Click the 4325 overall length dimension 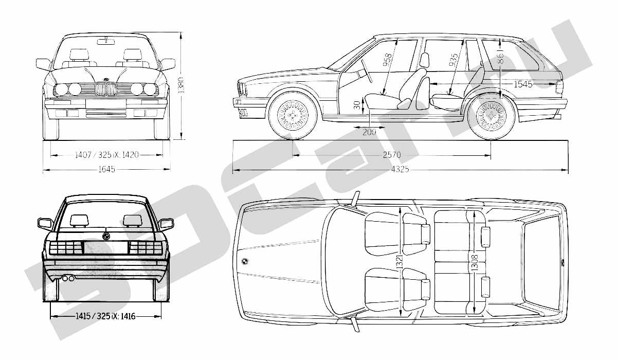[x=400, y=169]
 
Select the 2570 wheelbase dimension [x=392, y=155]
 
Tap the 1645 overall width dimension [x=106, y=169]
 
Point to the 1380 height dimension [x=181, y=85]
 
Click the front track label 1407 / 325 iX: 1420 [x=106, y=155]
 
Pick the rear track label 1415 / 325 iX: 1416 [x=105, y=316]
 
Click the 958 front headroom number [x=387, y=60]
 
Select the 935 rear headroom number [x=453, y=60]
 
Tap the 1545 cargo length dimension [x=523, y=84]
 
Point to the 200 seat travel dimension [x=369, y=132]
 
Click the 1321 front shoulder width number [x=400, y=262]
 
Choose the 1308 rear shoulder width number [x=474, y=262]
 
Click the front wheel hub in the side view [x=293, y=115]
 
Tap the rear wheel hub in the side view [x=491, y=116]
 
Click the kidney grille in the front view [x=106, y=89]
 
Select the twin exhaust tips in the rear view [x=68, y=278]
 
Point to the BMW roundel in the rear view [x=106, y=236]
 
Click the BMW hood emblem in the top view [x=245, y=261]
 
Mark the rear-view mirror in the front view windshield [x=106, y=42]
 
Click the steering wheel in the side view [x=367, y=71]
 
